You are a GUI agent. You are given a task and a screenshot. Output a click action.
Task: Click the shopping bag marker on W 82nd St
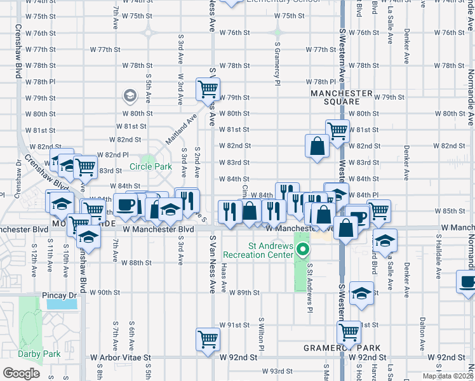point(316,145)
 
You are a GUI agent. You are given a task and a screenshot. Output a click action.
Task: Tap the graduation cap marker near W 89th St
point(361,293)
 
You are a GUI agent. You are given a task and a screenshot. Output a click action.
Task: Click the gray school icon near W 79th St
point(130,96)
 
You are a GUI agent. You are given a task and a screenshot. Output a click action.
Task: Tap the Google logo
point(21,373)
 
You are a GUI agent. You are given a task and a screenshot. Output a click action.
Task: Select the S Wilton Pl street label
point(261,333)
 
